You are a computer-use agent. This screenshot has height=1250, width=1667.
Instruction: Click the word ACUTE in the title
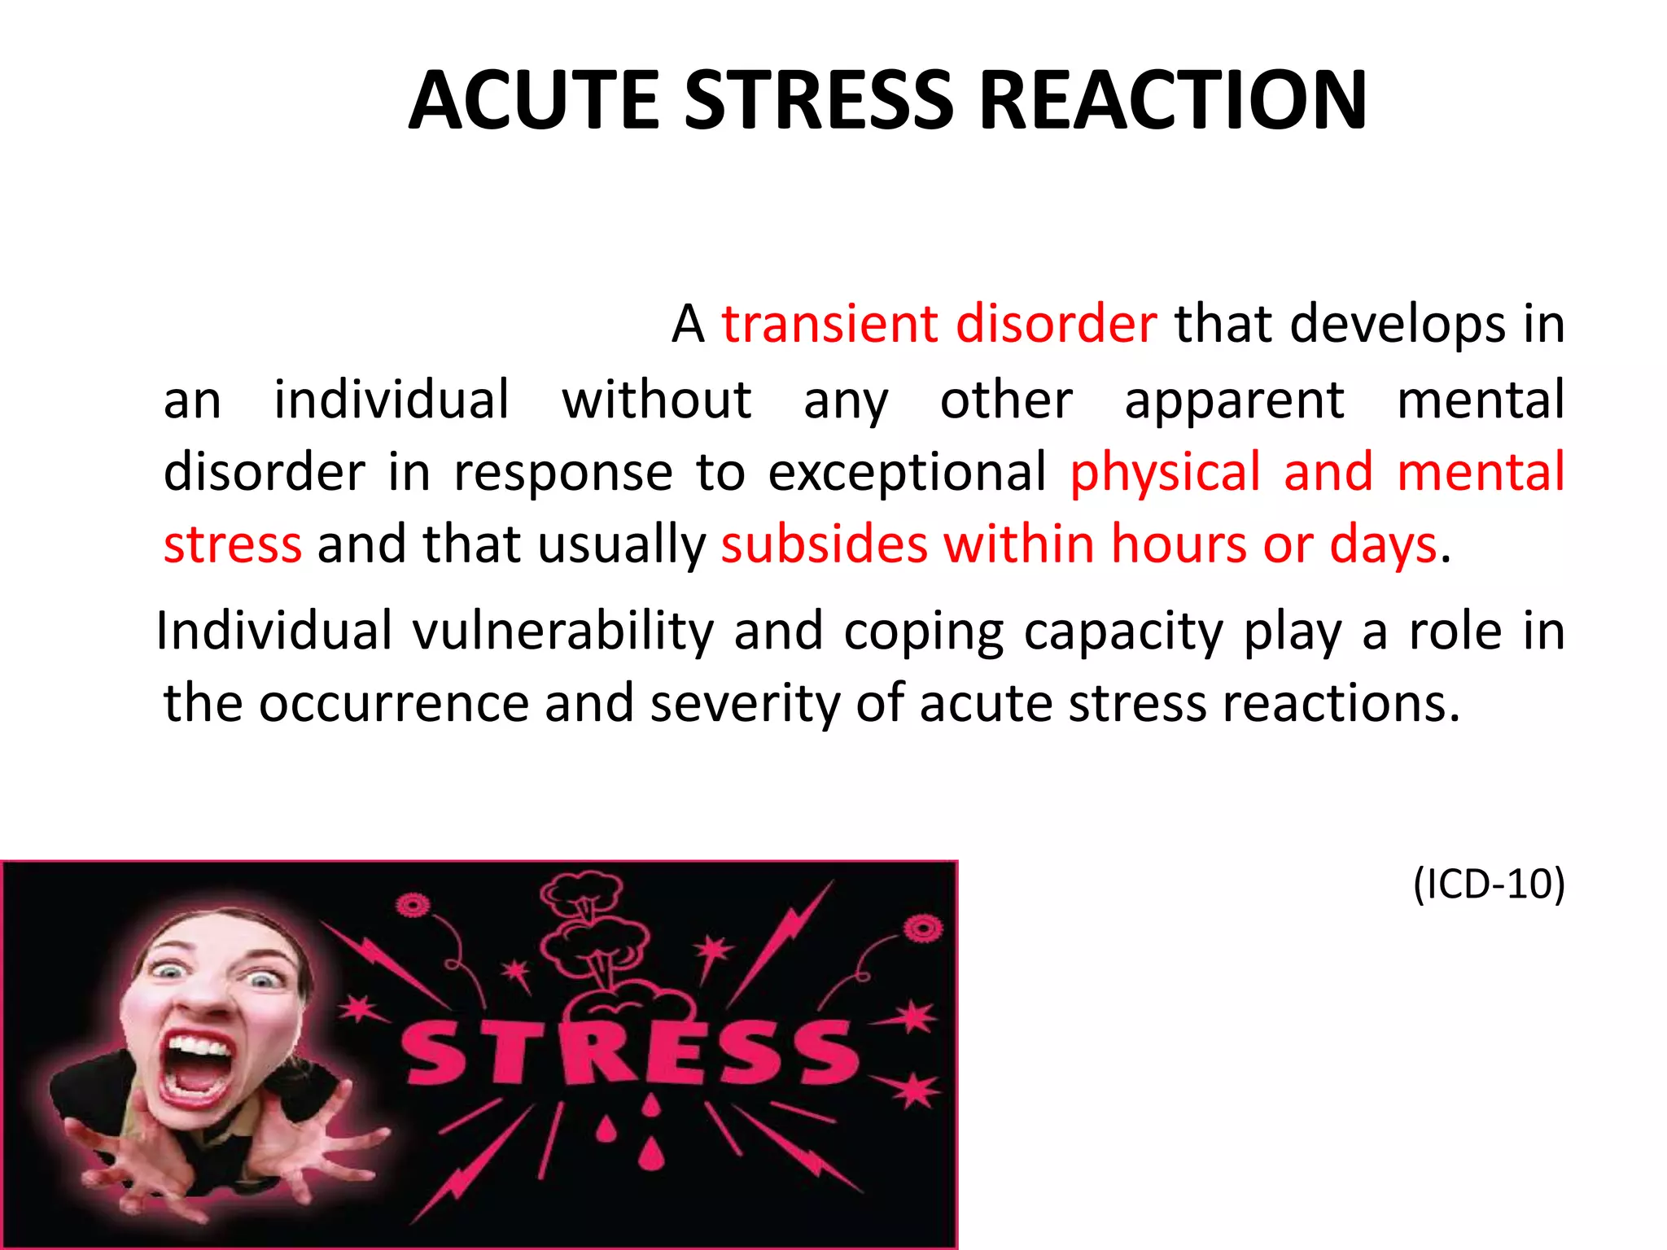coord(534,100)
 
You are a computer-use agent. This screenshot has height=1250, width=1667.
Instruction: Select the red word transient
coord(829,324)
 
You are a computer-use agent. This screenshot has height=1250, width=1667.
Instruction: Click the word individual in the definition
coord(392,400)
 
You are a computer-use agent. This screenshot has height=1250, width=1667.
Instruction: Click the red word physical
coord(1165,473)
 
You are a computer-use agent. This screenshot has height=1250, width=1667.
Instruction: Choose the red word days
coord(1383,545)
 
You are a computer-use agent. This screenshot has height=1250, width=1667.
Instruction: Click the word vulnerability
coord(562,632)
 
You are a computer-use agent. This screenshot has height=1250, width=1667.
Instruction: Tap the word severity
coord(745,703)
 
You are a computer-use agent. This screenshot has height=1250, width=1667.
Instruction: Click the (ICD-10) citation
coord(1489,884)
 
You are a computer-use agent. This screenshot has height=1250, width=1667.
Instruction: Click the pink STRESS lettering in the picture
coord(631,1053)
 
